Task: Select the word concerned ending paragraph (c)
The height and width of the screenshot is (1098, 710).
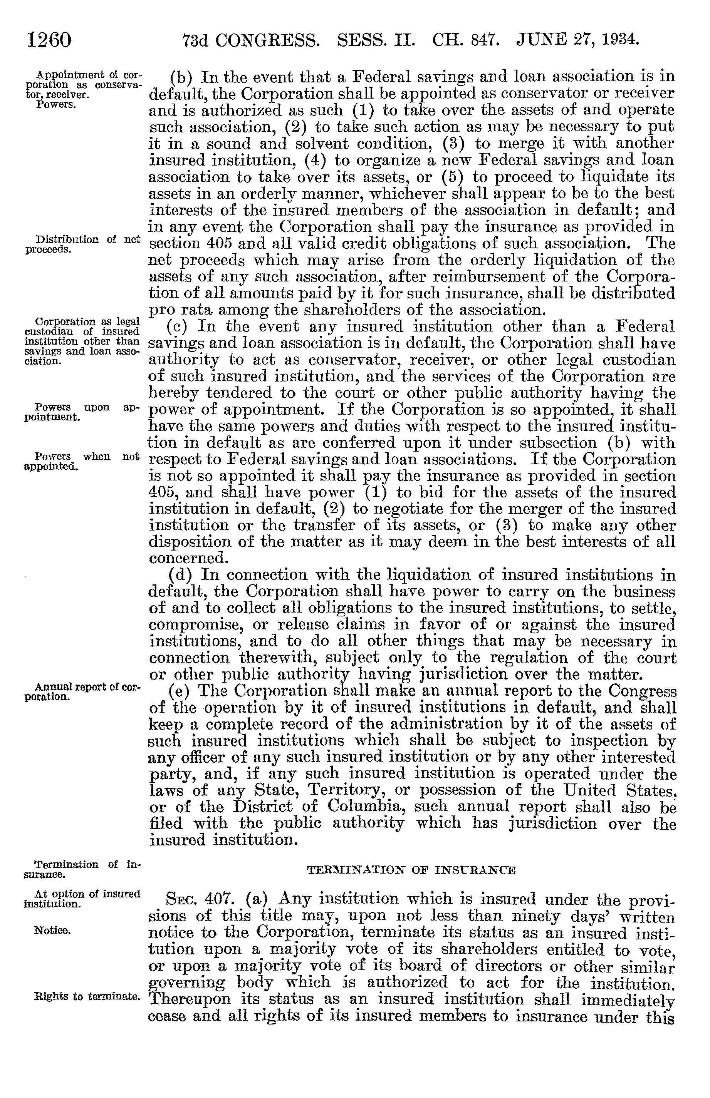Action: [189, 559]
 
